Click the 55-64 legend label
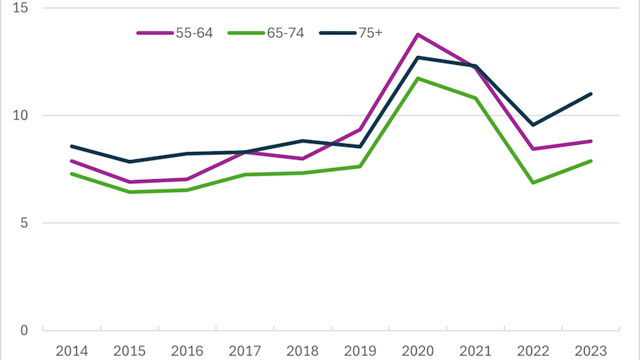click(x=195, y=33)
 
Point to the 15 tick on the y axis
click(x=21, y=8)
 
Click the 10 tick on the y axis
click(x=21, y=115)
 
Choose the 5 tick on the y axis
click(x=25, y=222)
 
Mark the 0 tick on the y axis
click(x=25, y=330)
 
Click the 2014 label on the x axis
click(x=71, y=350)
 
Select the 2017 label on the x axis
click(x=245, y=350)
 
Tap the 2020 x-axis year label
click(x=418, y=350)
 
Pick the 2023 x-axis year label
click(x=590, y=350)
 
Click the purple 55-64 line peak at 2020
click(x=418, y=34)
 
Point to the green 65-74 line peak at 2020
click(x=418, y=78)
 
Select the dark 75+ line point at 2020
click(x=418, y=58)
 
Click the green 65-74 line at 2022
click(x=533, y=182)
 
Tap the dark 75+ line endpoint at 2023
click(x=590, y=94)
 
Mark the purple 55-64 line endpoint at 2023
click(x=590, y=141)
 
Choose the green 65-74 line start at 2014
click(x=71, y=174)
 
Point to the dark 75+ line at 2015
click(x=129, y=162)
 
